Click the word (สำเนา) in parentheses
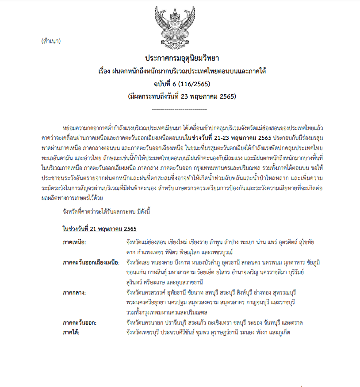50,42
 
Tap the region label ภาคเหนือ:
74,242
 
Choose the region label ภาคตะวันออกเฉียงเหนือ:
91,262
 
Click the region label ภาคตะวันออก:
80,322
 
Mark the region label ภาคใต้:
73,332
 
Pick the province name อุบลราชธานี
183,282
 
